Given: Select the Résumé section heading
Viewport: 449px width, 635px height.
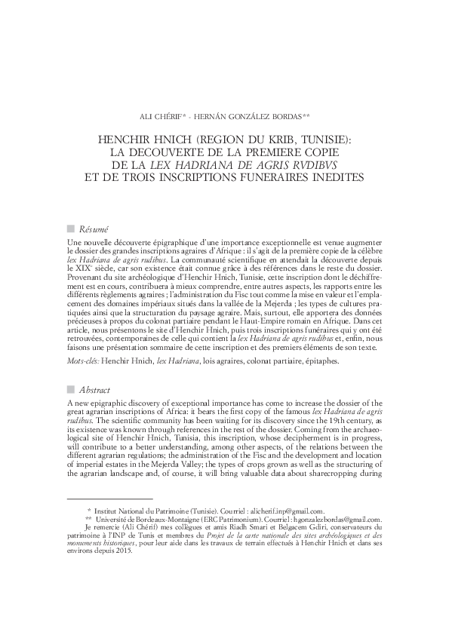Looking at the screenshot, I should click(94, 229).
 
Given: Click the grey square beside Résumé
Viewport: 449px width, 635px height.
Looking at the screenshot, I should click(71, 229).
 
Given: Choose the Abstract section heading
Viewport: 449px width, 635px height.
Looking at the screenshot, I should click(95, 390).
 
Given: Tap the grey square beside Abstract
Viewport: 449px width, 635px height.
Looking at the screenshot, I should click(71, 390).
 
